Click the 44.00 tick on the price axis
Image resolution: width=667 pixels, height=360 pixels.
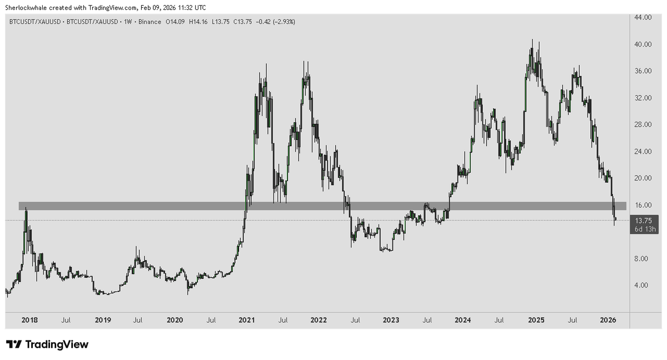click(x=643, y=18)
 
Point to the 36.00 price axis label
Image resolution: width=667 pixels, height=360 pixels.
click(x=643, y=71)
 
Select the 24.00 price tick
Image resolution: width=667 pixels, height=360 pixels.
click(x=643, y=151)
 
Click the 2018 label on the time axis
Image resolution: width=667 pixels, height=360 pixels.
click(x=29, y=320)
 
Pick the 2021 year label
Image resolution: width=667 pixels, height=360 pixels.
click(x=246, y=320)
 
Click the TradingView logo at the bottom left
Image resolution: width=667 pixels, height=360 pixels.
click(x=47, y=344)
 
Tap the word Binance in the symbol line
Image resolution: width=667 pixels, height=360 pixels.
click(x=148, y=22)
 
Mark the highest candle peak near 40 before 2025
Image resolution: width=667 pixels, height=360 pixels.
click(x=532, y=40)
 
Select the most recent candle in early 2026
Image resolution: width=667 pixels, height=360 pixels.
click(x=615, y=219)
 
